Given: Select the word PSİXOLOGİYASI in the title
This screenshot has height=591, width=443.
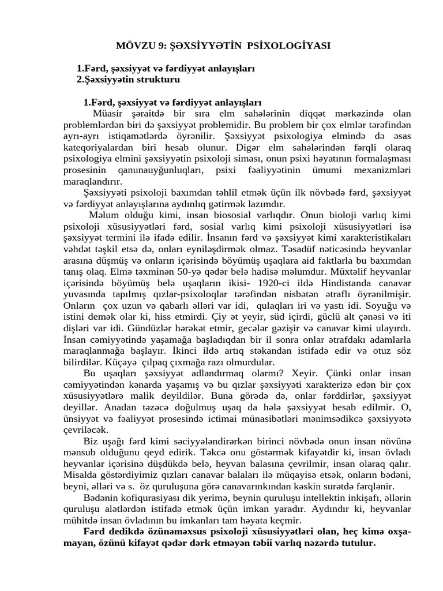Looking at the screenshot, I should click(294, 46).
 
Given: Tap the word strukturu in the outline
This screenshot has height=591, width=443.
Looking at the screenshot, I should click(157, 79).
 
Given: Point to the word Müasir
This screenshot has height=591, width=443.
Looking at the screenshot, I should click(117, 113).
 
